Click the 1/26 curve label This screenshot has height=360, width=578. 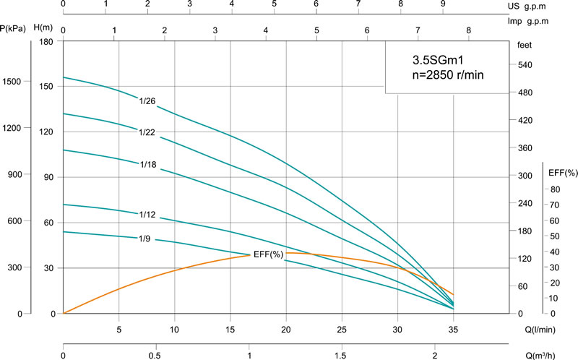coord(147,101)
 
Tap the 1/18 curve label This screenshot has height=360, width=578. coord(148,165)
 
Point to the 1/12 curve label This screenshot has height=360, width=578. coord(147,214)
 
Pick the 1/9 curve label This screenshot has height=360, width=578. coord(145,238)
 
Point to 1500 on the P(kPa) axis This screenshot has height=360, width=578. coord(14,82)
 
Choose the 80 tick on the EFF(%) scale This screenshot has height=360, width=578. coord(553,189)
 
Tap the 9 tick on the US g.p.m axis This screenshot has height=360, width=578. coord(443,4)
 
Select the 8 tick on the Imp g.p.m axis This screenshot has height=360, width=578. coord(468,30)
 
